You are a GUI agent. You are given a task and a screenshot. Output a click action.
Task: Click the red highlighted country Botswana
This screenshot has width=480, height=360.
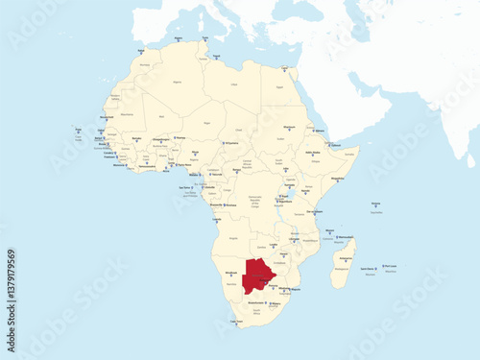(258, 276)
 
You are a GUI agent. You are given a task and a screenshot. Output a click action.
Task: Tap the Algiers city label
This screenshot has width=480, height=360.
(179, 38)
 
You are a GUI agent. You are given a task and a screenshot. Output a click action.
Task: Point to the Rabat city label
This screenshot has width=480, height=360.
(142, 50)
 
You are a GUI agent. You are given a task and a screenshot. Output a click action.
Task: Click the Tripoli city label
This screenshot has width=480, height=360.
(216, 56)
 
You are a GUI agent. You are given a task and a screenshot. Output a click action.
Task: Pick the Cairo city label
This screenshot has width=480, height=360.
(286, 68)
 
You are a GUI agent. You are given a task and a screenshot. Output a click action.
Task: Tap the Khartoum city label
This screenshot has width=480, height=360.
(290, 126)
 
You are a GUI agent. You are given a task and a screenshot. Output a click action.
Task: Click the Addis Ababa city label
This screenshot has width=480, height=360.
(313, 152)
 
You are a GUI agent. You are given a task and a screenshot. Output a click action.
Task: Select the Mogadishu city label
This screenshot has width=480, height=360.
(337, 179)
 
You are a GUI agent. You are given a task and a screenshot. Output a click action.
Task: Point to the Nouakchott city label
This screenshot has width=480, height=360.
(107, 118)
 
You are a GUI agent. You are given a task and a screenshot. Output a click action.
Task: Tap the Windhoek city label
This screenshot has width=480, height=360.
(230, 273)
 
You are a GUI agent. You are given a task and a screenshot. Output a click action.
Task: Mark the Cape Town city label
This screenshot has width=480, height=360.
(236, 322)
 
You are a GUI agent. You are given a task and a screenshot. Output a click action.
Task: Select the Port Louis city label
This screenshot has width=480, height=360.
(389, 266)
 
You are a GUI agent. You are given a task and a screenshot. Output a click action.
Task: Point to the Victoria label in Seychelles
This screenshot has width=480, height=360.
(375, 204)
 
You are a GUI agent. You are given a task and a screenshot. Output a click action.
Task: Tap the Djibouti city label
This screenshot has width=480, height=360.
(333, 145)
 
